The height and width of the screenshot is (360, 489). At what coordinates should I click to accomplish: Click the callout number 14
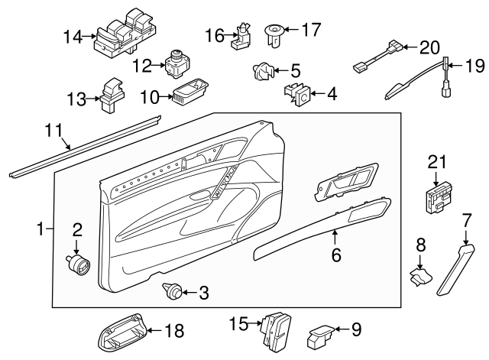72,36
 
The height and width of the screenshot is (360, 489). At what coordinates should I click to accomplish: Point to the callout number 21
436,162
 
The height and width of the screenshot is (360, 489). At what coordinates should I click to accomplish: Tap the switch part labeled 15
274,326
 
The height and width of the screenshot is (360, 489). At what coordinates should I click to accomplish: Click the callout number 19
474,66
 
